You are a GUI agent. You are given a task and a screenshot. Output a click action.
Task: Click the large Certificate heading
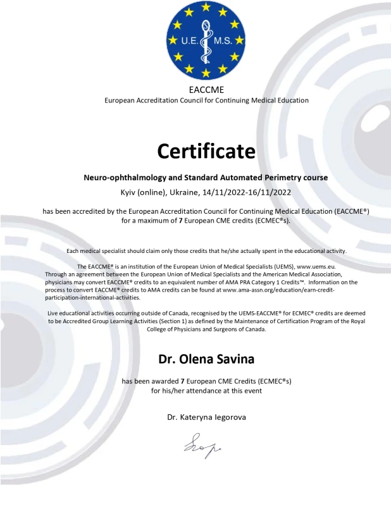[206, 151]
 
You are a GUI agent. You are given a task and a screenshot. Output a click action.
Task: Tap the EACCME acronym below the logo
[206, 89]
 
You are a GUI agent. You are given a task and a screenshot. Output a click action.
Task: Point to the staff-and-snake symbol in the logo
[207, 39]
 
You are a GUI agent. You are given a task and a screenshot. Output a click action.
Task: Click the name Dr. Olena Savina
[206, 359]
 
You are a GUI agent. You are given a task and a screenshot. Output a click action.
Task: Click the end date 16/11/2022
[270, 192]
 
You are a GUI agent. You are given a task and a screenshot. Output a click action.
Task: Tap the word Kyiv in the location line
[130, 192]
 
